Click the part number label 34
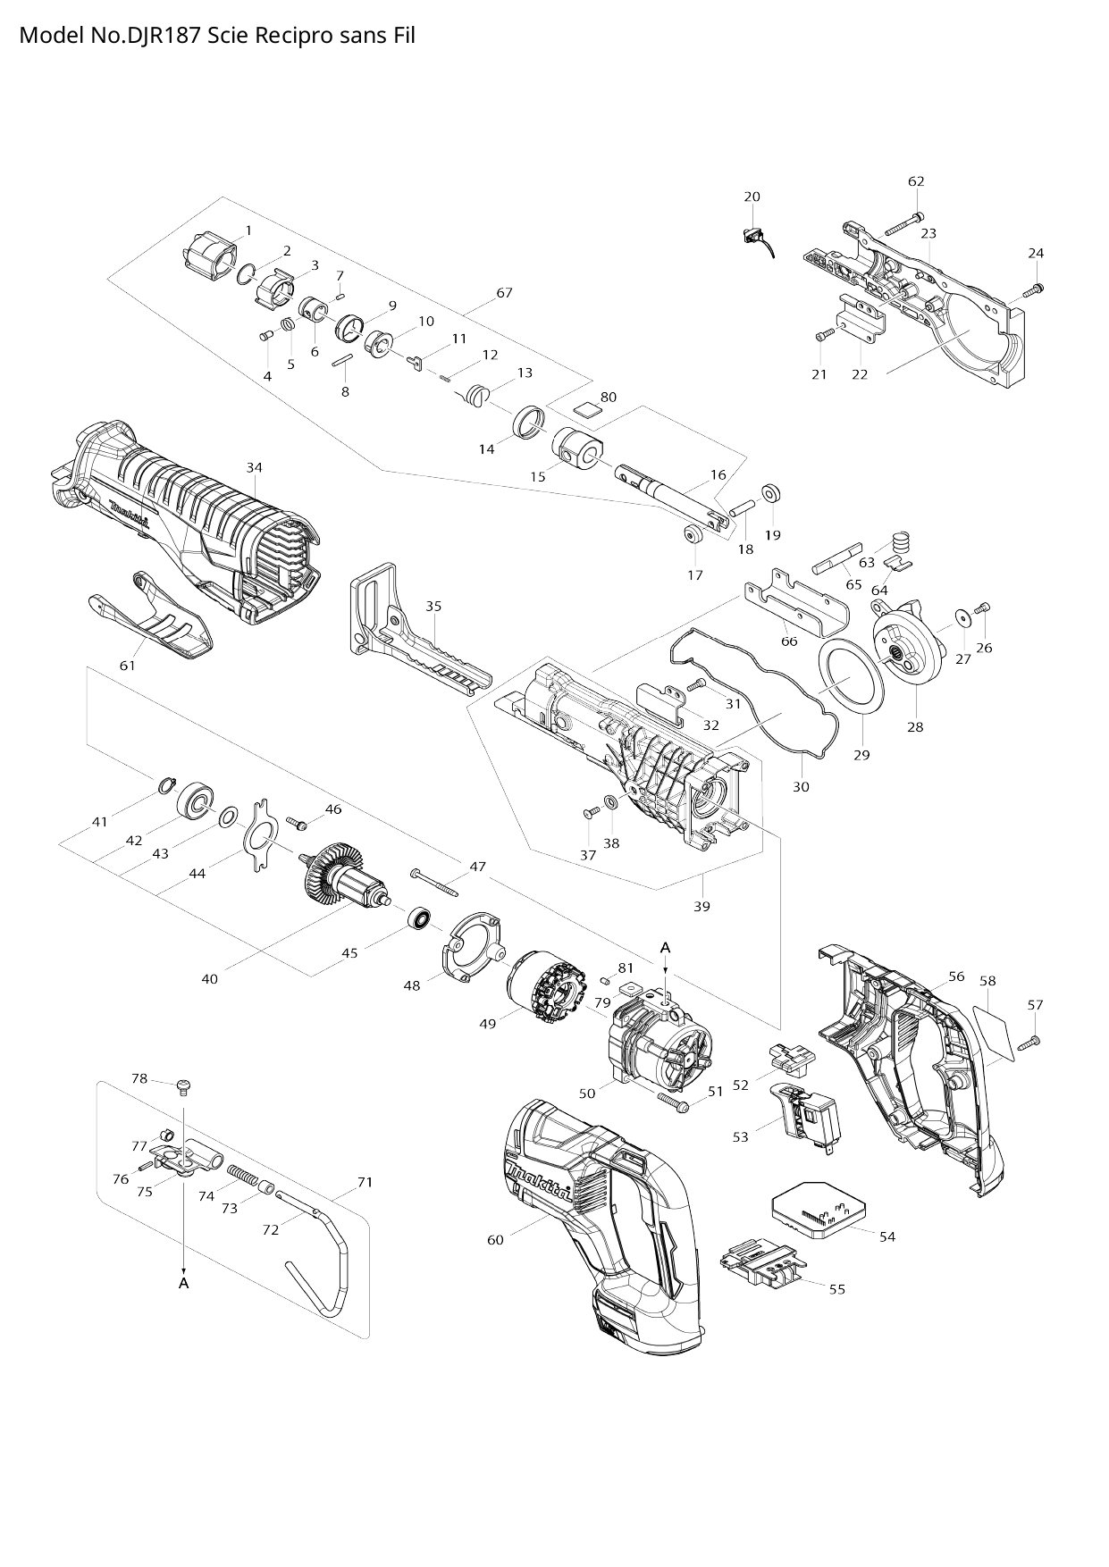tap(255, 467)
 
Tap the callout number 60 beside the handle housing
tap(495, 1239)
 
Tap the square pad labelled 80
tap(587, 411)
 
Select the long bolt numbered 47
tap(435, 883)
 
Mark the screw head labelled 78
tap(184, 1086)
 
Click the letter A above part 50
tap(665, 946)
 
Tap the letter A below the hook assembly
tap(184, 1282)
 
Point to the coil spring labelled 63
tap(901, 541)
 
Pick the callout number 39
tap(702, 906)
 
